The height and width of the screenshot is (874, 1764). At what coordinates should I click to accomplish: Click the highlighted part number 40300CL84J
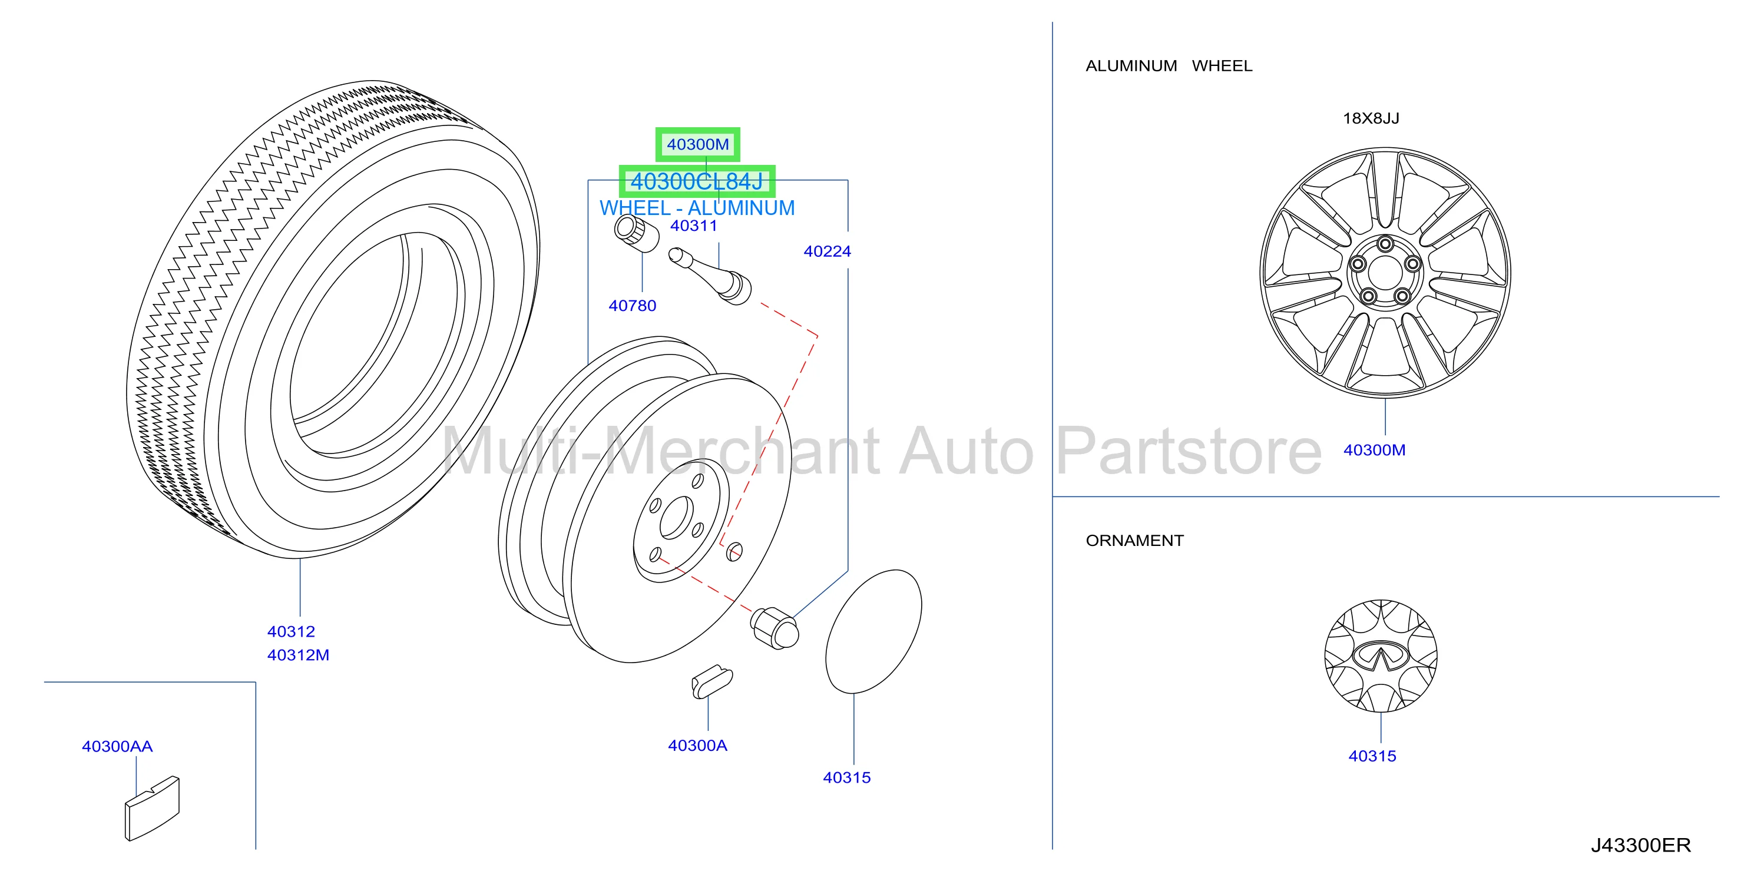point(696,181)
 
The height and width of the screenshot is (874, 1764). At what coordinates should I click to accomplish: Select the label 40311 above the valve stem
point(694,226)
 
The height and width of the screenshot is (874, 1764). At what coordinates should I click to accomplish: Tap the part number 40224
point(827,251)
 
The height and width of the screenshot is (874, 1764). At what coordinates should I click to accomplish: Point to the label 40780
point(632,306)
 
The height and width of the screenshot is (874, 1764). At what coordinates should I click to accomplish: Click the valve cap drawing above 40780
point(636,234)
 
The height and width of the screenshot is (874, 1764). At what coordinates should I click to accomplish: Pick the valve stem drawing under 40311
point(710,276)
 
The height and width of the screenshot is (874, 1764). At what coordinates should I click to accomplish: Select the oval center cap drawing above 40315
point(874,631)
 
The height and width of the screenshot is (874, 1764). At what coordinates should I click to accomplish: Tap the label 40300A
point(697,745)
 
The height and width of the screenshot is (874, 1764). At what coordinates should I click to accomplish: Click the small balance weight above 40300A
point(711,681)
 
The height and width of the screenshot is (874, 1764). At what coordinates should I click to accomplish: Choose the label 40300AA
point(117,746)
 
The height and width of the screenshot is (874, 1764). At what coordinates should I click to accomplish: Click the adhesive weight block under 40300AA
point(152,808)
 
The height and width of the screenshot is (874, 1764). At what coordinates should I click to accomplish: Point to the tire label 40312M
point(298,655)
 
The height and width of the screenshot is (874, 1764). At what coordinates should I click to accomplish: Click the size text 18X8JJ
point(1371,118)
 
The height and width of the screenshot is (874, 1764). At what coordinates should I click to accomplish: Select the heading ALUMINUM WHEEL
point(1169,66)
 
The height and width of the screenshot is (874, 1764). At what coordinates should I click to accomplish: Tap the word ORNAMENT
point(1135,541)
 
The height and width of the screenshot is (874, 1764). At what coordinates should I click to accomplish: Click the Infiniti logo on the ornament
point(1381,656)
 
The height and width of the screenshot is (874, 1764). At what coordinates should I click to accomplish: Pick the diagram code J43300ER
point(1641,845)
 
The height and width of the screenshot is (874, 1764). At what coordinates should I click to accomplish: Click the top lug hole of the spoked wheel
point(1385,244)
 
